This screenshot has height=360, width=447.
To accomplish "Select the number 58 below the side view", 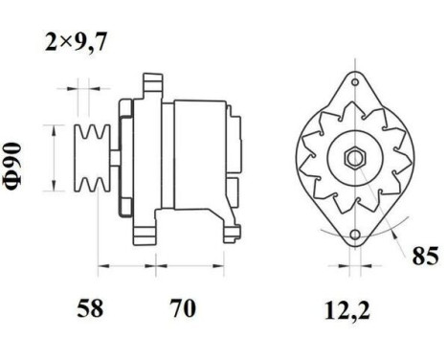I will point(89,309).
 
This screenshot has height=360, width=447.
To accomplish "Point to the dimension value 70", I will point(182,309).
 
